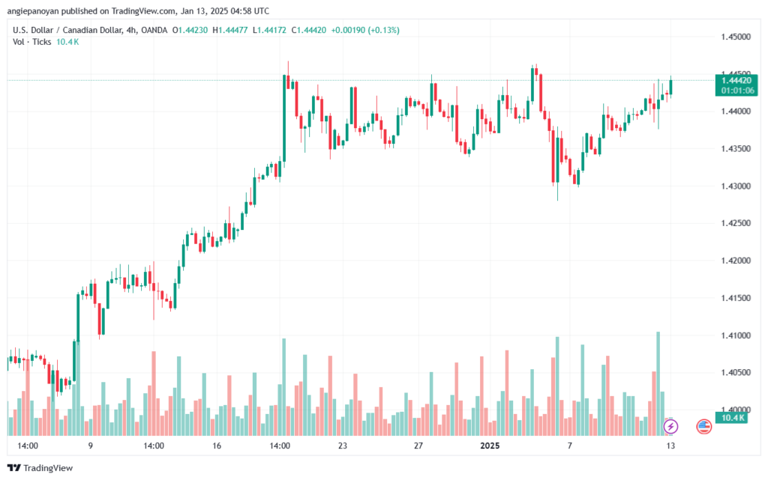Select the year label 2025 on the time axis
(x=490, y=446)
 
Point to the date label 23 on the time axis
(x=343, y=446)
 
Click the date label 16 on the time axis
(x=217, y=446)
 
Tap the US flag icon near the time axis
(x=703, y=426)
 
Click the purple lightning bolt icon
(x=671, y=426)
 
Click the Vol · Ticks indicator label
(x=31, y=42)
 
